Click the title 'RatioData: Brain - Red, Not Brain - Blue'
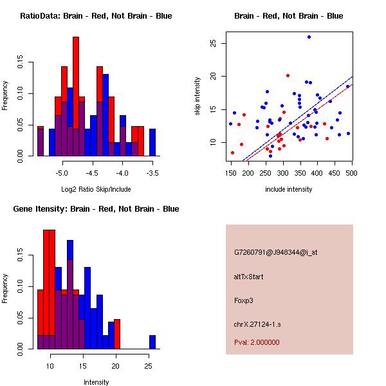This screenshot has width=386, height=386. click(x=96, y=16)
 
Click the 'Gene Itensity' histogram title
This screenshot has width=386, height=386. click(x=96, y=209)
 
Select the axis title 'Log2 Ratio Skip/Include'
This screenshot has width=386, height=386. click(x=96, y=189)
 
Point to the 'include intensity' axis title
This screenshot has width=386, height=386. click(x=288, y=189)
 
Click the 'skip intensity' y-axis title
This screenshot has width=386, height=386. click(x=199, y=96)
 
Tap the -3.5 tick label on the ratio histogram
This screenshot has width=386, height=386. click(x=152, y=173)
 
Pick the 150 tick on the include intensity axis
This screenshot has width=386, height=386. click(x=231, y=173)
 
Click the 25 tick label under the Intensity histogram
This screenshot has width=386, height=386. click(x=149, y=366)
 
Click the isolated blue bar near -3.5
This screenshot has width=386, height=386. click(x=152, y=142)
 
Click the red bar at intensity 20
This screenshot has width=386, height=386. click(x=117, y=335)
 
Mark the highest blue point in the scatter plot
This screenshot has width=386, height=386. click(x=309, y=37)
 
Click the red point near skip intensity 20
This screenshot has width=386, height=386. click(x=288, y=75)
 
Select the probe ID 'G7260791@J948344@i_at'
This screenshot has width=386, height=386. click(x=276, y=252)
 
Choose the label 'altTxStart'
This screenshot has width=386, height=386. click(x=249, y=277)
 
